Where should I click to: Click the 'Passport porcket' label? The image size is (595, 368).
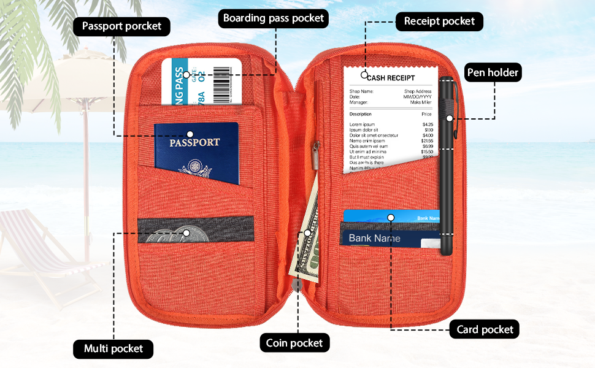click(121, 26)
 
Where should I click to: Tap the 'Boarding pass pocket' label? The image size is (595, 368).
click(274, 18)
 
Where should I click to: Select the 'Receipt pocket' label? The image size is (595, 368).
click(439, 21)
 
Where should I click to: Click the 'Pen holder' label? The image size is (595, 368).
click(493, 72)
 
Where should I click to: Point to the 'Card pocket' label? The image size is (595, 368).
click(485, 329)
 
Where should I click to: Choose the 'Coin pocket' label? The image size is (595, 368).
click(294, 343)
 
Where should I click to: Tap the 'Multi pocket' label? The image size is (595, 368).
click(113, 349)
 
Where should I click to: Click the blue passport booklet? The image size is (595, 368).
click(196, 153)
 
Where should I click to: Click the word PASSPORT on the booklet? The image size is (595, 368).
click(194, 142)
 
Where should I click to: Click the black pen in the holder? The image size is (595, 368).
click(447, 166)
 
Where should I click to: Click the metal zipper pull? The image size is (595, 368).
click(317, 153)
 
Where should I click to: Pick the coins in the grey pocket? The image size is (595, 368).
click(178, 234)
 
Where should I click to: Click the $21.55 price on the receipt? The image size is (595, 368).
click(428, 141)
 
